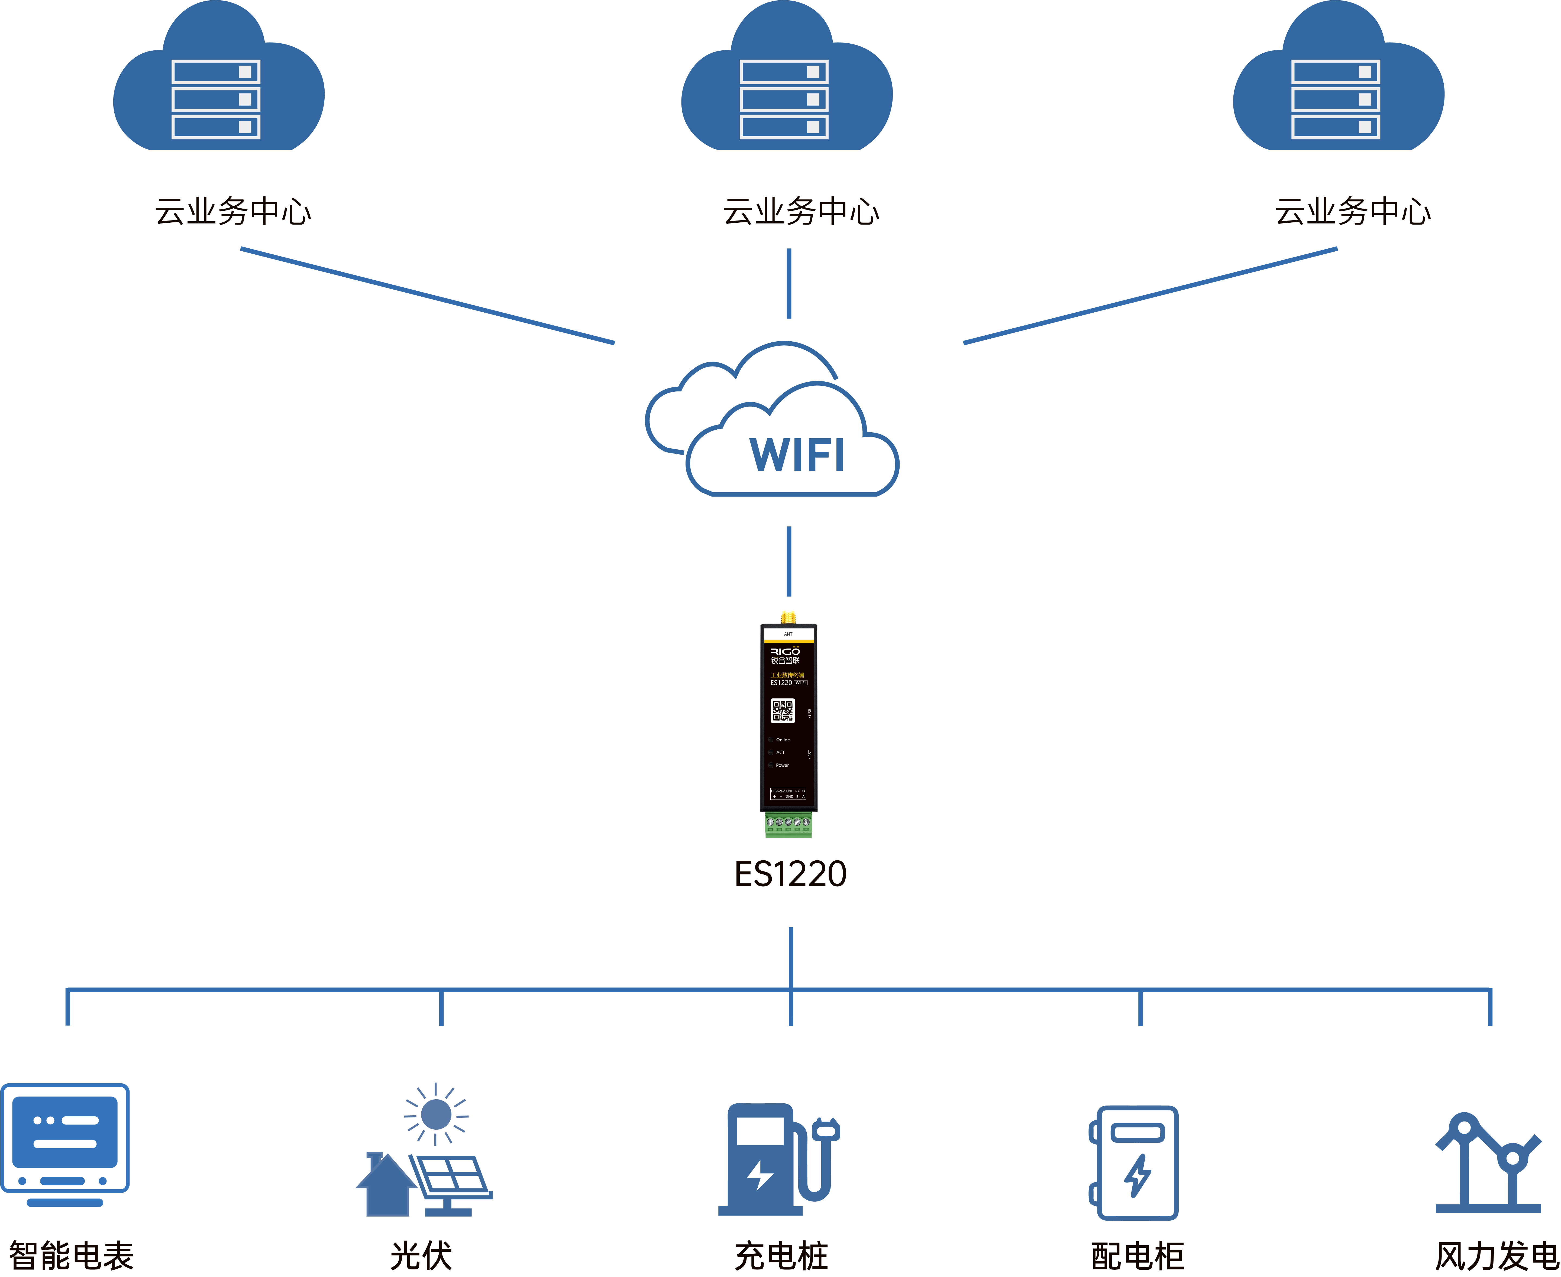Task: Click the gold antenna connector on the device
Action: [x=788, y=617]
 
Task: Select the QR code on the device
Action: [x=782, y=711]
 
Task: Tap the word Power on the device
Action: [x=782, y=765]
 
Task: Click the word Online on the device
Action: [x=783, y=740]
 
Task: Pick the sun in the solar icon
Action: [x=436, y=1114]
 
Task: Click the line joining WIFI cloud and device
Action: [x=788, y=561]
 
